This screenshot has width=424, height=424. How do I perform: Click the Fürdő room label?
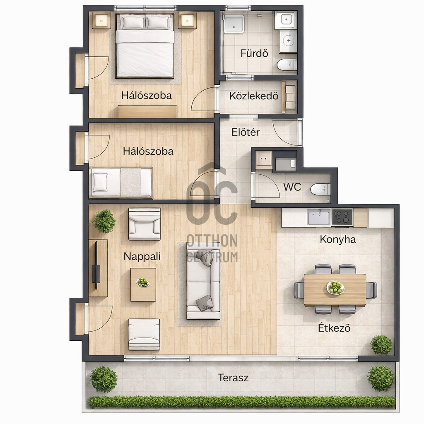(x=254, y=53)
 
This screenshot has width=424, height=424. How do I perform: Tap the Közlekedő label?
(x=254, y=96)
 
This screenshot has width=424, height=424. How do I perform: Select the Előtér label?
(x=245, y=132)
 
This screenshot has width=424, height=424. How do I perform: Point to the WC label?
(x=292, y=187)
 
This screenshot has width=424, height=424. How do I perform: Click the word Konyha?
(x=337, y=240)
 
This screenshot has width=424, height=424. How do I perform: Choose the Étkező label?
(x=334, y=328)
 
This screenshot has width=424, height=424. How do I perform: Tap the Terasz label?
(x=233, y=378)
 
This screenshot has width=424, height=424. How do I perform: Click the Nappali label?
(x=142, y=256)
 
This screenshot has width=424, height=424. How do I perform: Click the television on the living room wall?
(x=96, y=265)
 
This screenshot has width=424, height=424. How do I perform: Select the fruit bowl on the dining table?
(x=335, y=287)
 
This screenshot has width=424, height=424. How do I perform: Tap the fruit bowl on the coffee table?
(x=143, y=282)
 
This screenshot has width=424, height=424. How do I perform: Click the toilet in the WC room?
(x=320, y=189)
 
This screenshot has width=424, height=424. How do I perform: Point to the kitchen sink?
(x=319, y=217)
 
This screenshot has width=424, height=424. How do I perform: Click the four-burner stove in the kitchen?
(x=342, y=217)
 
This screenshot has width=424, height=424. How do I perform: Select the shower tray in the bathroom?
(x=234, y=24)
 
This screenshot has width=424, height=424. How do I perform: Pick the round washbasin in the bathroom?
(x=288, y=41)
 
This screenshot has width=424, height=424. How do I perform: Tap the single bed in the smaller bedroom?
(x=121, y=183)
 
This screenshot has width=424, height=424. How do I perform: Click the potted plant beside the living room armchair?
(x=104, y=222)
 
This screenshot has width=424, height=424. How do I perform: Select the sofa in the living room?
(x=203, y=280)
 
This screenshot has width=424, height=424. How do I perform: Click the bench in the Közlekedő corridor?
(x=289, y=97)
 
